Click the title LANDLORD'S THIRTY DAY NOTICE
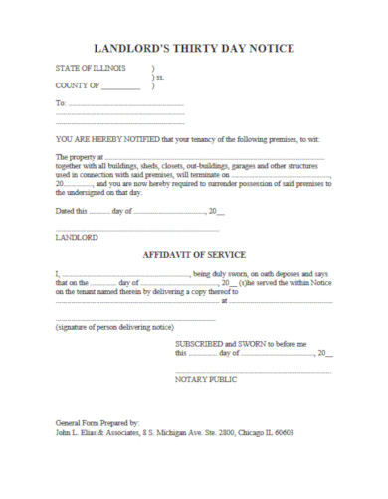click(193, 47)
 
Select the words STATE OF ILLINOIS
click(91, 69)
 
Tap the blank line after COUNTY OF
click(120, 88)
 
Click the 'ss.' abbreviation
click(158, 78)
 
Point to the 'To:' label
click(60, 103)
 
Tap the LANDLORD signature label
click(77, 240)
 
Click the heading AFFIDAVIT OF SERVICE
click(193, 255)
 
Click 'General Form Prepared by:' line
click(97, 423)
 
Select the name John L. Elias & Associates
click(97, 433)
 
